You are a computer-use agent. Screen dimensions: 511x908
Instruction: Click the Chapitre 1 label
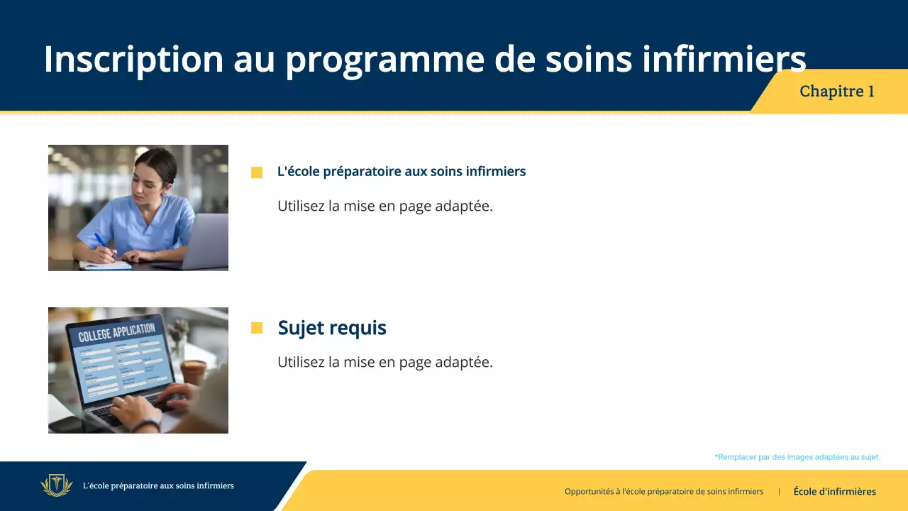point(836,92)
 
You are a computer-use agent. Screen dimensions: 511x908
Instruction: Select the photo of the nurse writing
point(138,207)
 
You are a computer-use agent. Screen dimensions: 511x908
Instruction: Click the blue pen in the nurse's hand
point(101,241)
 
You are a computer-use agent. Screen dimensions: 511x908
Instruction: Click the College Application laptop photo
point(138,370)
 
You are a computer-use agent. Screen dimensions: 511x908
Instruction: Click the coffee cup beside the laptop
point(193,371)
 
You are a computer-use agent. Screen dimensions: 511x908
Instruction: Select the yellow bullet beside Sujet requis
point(257,328)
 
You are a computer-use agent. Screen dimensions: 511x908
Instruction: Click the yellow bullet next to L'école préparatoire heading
point(257,172)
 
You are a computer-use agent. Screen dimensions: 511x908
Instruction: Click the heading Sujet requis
point(332,328)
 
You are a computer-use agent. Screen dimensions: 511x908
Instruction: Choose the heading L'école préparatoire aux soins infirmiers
point(402,172)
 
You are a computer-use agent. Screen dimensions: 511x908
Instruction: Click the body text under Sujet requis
point(384,362)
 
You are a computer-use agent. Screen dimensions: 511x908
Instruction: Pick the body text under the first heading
point(384,207)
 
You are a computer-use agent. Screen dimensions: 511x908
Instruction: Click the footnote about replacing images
point(797,457)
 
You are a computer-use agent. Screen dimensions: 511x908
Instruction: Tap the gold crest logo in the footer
point(56,485)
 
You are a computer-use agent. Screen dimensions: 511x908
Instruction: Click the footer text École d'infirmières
point(834,491)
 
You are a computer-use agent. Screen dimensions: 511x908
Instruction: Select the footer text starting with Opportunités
point(663,491)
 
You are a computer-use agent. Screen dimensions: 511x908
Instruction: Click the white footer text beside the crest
point(158,486)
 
